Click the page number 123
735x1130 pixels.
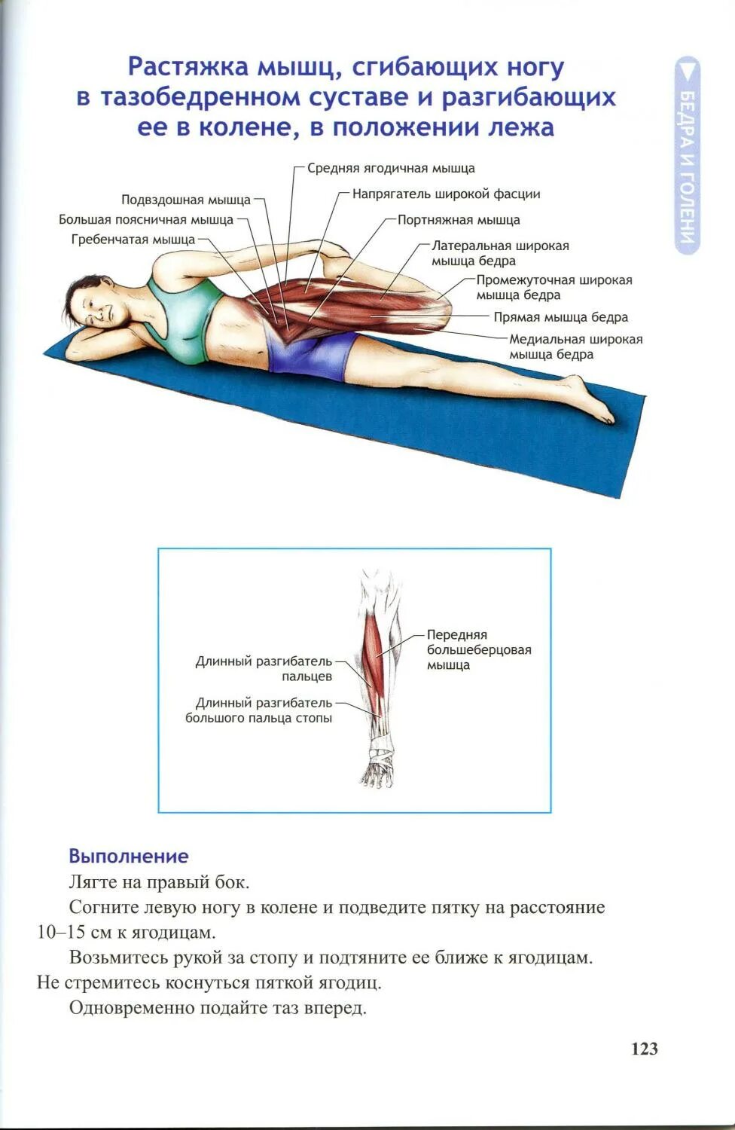[x=644, y=1049]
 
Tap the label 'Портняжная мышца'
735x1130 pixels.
[x=459, y=220]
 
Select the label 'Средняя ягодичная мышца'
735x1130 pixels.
[x=391, y=168]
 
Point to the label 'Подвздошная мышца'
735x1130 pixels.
[x=186, y=200]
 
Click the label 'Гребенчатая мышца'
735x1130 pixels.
[x=133, y=240]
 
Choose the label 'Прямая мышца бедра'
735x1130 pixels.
[x=560, y=317]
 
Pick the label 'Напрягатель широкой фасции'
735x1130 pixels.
[x=446, y=194]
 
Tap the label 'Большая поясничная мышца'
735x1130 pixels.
[x=146, y=219]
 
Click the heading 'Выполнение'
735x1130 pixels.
[x=129, y=856]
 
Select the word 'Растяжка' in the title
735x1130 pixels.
[x=188, y=67]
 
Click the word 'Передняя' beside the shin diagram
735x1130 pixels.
[x=457, y=634]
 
